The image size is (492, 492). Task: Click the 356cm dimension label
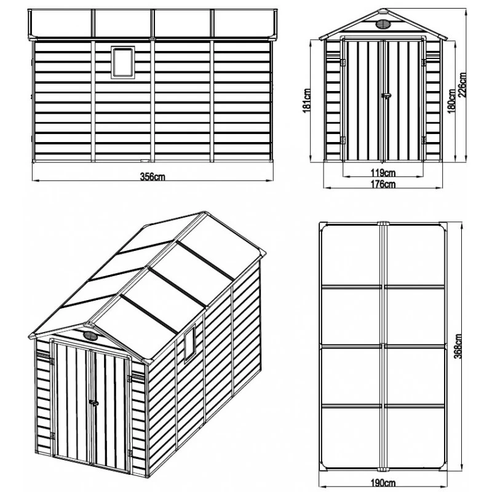click(x=153, y=177)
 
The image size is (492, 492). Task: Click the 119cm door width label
click(x=383, y=172)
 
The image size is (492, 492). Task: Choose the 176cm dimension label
click(x=383, y=183)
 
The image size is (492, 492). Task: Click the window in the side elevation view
click(x=122, y=62)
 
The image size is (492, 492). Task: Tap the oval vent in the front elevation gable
click(x=383, y=25)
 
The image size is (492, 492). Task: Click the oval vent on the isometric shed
click(x=91, y=336)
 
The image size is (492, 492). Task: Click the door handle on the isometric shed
click(x=93, y=403)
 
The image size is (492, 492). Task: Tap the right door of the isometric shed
click(x=109, y=412)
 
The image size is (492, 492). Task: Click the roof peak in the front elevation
click(x=383, y=11)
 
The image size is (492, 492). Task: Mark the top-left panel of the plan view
click(x=352, y=255)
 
